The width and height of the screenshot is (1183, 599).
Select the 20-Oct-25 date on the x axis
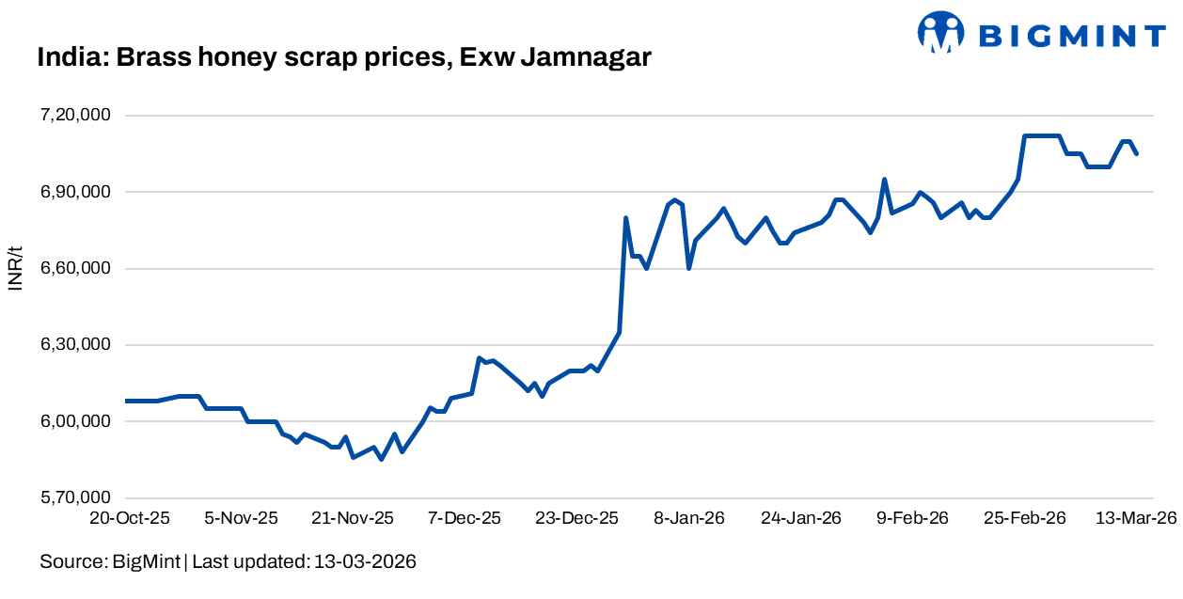[x=129, y=518]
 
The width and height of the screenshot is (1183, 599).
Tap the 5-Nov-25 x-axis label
[x=242, y=518]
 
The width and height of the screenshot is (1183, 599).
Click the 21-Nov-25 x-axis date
[x=353, y=518]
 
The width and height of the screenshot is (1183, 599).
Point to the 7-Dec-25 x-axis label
[x=465, y=518]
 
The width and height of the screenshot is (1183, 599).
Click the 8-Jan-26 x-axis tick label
[x=688, y=518]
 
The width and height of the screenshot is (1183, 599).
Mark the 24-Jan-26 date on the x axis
[x=800, y=518]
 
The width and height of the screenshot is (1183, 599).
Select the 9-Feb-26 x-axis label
[x=913, y=518]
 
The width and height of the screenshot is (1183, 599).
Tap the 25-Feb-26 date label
[x=1025, y=518]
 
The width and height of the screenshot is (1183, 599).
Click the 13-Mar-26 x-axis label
[x=1136, y=518]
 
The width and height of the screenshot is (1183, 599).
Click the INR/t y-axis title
[x=15, y=268]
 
